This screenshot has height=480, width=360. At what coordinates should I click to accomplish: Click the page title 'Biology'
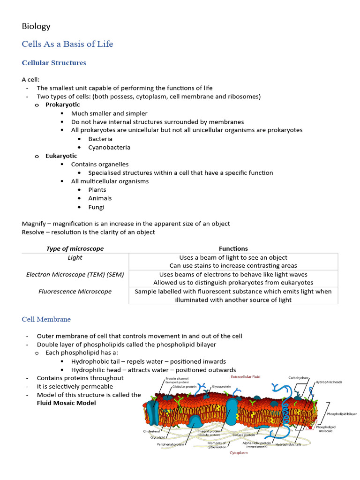click(36, 26)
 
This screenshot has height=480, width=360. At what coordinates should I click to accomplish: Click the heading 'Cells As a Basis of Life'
click(67, 44)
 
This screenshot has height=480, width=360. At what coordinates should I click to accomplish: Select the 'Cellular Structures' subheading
click(54, 62)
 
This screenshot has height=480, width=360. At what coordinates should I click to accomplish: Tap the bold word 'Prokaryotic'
click(62, 105)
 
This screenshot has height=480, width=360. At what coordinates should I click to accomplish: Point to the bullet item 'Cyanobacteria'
click(109, 147)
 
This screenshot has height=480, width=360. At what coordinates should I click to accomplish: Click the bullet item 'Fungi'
click(96, 207)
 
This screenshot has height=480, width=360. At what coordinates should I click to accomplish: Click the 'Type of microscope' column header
click(75, 248)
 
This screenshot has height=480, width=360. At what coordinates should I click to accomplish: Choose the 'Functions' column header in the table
click(233, 248)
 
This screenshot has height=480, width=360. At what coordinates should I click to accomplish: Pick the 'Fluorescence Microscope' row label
click(75, 291)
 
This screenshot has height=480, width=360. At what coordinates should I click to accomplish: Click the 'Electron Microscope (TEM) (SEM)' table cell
click(75, 274)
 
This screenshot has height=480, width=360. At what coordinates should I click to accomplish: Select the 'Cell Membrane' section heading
click(46, 319)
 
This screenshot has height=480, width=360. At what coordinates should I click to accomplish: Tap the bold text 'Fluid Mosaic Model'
click(66, 403)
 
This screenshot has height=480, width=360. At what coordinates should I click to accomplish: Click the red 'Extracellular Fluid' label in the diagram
click(245, 376)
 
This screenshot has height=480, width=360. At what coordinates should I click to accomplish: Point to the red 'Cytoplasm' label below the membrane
click(239, 453)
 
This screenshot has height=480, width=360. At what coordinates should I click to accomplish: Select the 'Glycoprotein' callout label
click(221, 387)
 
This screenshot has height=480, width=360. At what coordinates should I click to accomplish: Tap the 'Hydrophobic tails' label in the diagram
click(289, 444)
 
